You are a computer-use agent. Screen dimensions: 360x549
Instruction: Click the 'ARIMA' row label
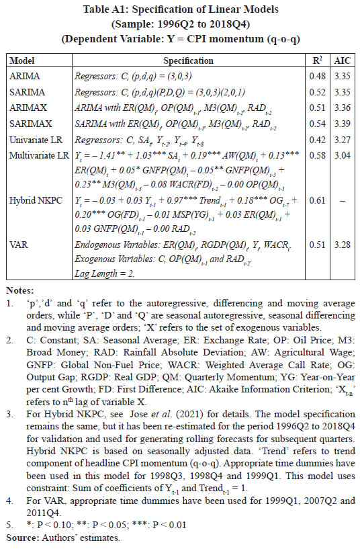point(23,76)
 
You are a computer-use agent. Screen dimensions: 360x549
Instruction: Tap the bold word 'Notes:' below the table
point(19,291)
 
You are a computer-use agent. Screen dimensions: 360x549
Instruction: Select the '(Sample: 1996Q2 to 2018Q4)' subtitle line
point(179,24)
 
